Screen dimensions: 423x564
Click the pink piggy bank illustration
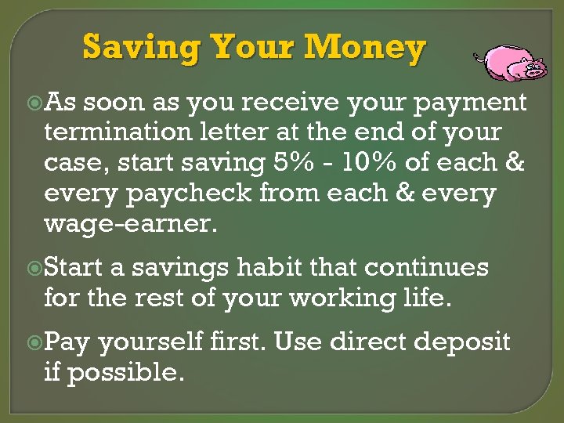pyautogui.click(x=513, y=63)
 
